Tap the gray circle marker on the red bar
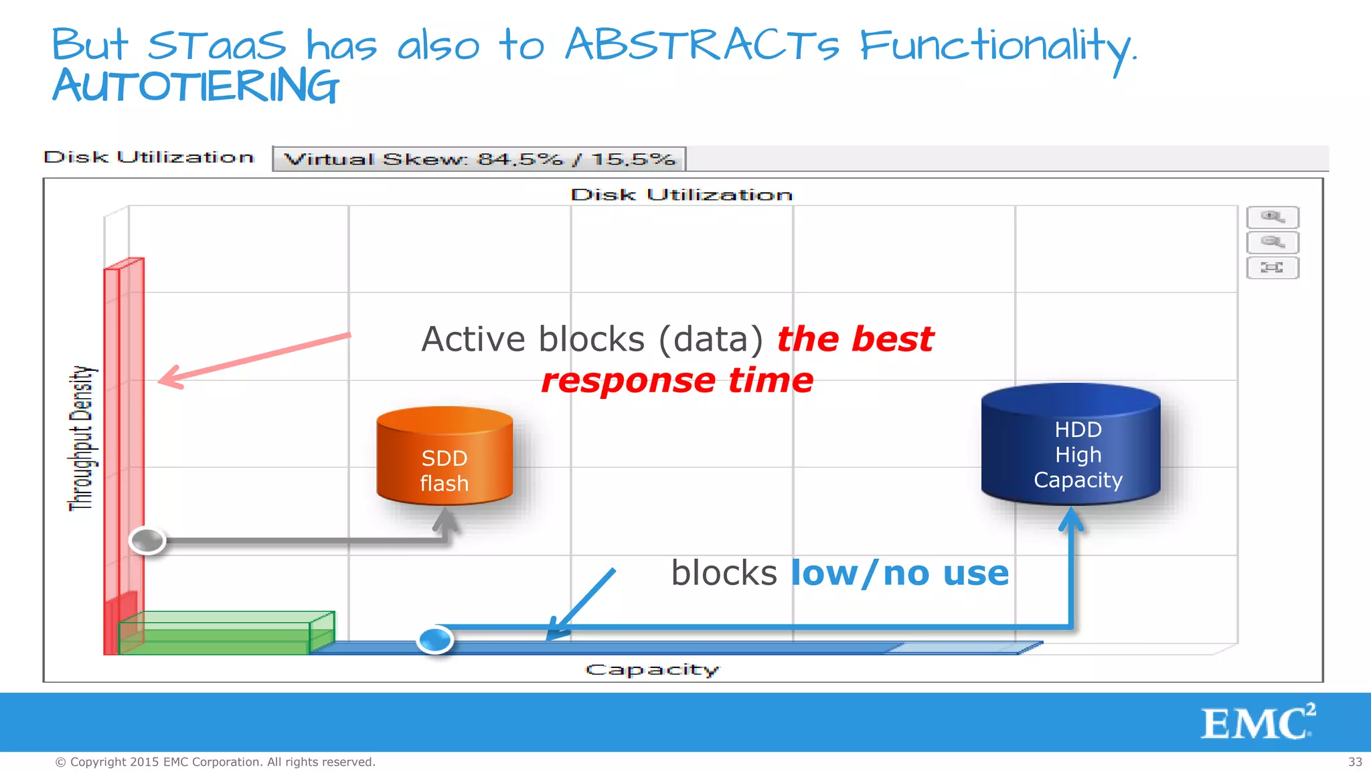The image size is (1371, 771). point(147,540)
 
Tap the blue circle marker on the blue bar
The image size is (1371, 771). point(435,639)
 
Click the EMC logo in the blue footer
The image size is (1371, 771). point(1257,722)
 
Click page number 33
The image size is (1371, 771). point(1355,762)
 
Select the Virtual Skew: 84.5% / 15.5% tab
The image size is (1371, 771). point(479,159)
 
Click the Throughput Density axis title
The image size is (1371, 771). point(82,438)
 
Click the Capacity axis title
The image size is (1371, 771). point(652,669)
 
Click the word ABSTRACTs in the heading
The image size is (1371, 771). point(702,46)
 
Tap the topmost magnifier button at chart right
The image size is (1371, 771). point(1272,217)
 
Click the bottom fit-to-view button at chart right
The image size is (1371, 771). point(1272,268)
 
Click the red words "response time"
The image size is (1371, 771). point(677,380)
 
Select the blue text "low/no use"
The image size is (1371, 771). point(899,574)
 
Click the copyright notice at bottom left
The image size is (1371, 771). point(215,762)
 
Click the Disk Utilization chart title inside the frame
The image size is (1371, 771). point(681,195)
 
